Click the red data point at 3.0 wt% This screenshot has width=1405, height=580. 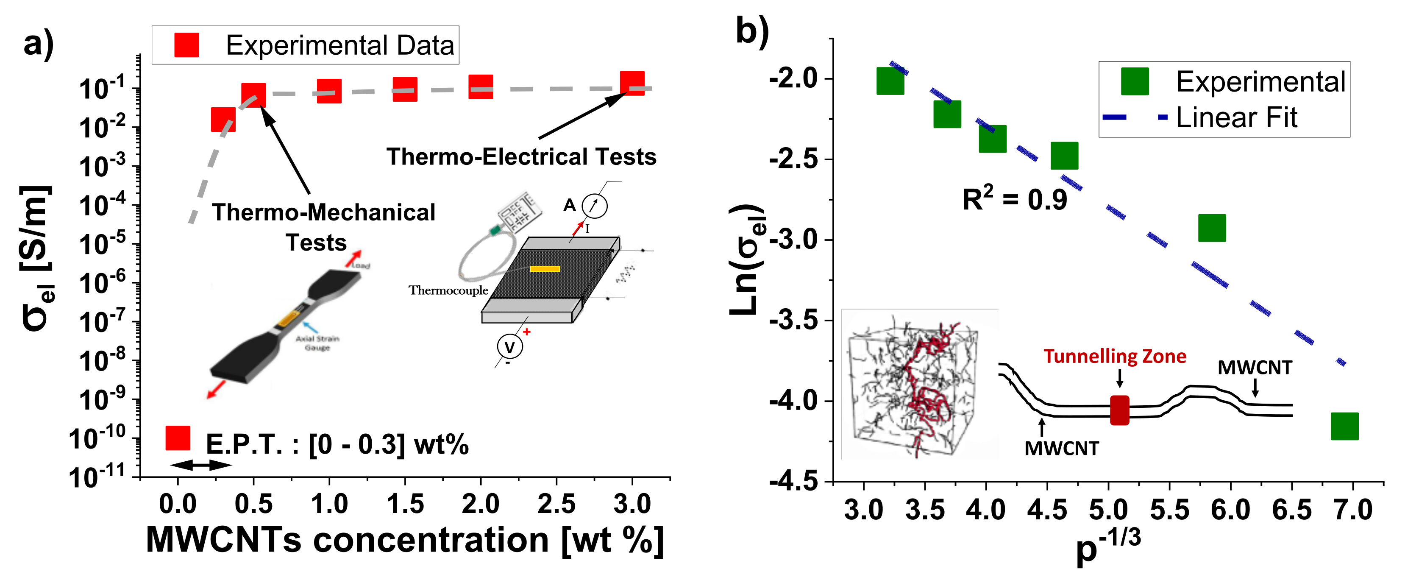(x=632, y=84)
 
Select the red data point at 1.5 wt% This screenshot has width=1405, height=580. (x=405, y=89)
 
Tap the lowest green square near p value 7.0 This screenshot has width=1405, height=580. (x=1344, y=426)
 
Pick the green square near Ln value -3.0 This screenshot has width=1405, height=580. (x=1212, y=228)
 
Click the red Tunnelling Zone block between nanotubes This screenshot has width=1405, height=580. (x=1119, y=410)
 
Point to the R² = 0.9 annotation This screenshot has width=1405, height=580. (x=1015, y=199)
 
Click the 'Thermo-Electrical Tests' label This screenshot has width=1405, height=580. (x=521, y=156)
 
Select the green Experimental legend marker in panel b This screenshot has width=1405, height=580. (x=1135, y=82)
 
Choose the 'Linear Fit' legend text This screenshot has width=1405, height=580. (x=1236, y=117)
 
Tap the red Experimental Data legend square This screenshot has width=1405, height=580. (x=186, y=45)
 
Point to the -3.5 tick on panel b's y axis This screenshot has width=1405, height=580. (x=793, y=320)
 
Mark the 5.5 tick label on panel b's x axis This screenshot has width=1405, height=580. (x=1169, y=510)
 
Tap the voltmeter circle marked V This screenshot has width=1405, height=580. (x=509, y=346)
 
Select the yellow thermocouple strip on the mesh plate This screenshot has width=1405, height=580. (x=545, y=268)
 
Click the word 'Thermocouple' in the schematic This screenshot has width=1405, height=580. (x=448, y=290)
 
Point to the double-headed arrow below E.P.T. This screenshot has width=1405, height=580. (x=201, y=465)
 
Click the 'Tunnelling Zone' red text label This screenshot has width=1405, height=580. (x=1115, y=356)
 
